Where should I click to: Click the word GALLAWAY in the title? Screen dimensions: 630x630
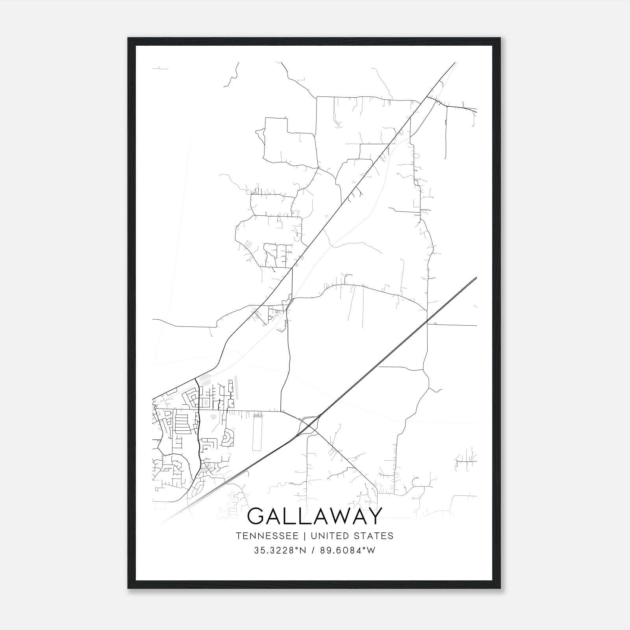[315, 516]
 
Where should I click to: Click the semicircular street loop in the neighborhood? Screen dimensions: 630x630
[228, 438]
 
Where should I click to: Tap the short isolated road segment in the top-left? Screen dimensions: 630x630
[160, 69]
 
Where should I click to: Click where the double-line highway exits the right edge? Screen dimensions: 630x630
[476, 278]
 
